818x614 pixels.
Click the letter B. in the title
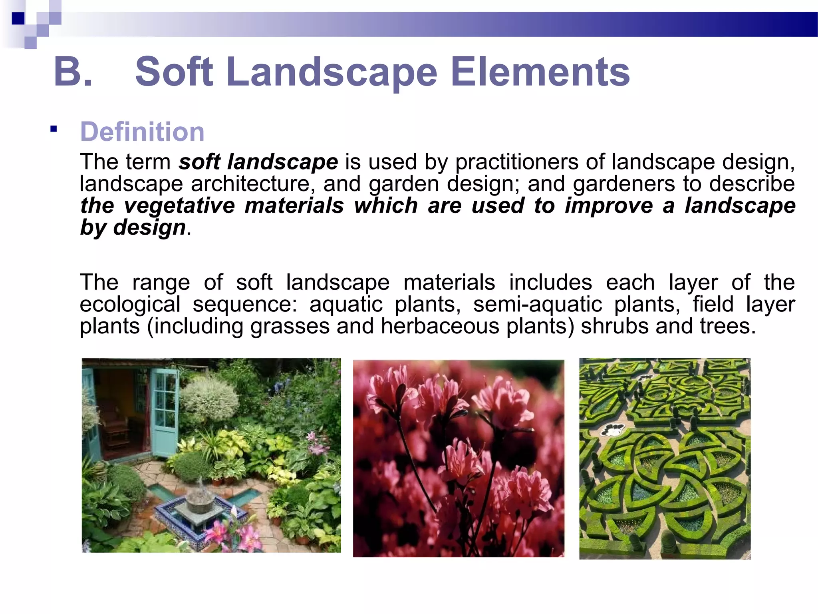click(x=73, y=72)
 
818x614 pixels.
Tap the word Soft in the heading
click(x=174, y=72)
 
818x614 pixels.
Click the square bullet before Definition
click(x=54, y=129)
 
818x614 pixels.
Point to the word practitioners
click(x=517, y=162)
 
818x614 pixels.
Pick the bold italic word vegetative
click(x=179, y=205)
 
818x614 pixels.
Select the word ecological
click(x=130, y=304)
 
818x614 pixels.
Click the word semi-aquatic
click(x=538, y=304)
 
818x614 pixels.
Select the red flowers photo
click(x=459, y=458)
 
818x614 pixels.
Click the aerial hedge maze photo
click(x=665, y=458)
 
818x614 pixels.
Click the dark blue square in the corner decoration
click(x=18, y=18)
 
